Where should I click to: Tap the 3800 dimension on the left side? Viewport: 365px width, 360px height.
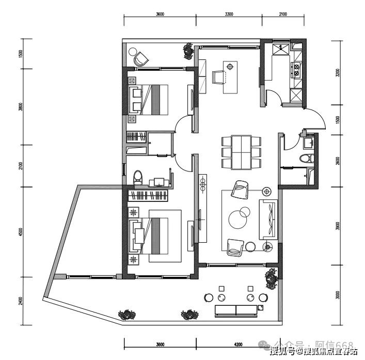(20, 107)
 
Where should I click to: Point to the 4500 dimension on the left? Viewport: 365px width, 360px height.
(20, 232)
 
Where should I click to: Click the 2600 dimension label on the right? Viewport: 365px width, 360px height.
(338, 160)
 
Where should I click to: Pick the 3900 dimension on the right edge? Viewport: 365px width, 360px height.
(338, 225)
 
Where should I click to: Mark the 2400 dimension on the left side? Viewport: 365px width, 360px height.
(20, 301)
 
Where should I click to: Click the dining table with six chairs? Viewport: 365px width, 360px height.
(241, 152)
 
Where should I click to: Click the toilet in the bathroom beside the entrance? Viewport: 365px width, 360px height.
(307, 159)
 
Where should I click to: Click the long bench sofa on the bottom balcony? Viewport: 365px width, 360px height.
(236, 310)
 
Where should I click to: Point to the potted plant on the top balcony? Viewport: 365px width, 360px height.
(186, 51)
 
